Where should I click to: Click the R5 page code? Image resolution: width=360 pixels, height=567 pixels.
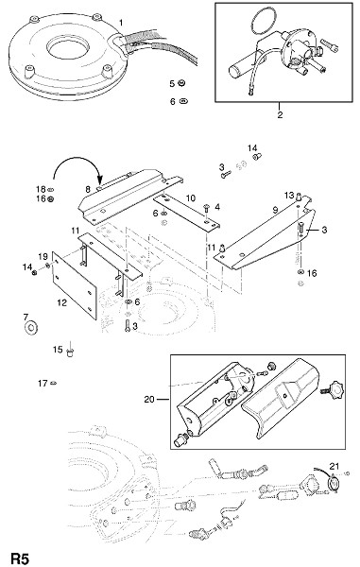tap(19, 558)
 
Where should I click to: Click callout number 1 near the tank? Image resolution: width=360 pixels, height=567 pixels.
tap(121, 23)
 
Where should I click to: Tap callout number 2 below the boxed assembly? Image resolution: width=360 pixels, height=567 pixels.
tap(280, 115)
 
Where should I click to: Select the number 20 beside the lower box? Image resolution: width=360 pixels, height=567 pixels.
tap(149, 399)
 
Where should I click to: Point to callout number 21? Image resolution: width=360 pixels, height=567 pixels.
tap(334, 466)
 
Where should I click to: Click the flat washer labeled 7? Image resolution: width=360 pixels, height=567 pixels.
tap(31, 328)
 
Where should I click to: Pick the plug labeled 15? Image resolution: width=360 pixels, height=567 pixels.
tap(71, 352)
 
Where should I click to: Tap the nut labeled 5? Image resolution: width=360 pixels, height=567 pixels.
tap(181, 83)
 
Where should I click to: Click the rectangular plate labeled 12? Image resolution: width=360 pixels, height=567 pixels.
tap(75, 285)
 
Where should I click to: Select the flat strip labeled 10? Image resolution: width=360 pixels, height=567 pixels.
tap(186, 213)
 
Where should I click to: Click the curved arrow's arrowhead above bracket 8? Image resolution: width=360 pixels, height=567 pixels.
tap(100, 180)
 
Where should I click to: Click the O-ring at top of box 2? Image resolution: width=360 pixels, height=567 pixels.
tap(263, 22)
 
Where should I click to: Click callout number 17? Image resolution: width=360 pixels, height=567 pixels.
tap(43, 383)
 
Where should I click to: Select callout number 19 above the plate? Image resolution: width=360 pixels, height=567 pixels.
tap(43, 257)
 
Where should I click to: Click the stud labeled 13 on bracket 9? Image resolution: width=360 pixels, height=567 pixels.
tap(299, 197)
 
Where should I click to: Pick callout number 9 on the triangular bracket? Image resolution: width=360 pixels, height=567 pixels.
tap(275, 210)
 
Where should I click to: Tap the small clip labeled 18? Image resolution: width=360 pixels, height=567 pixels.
tap(51, 189)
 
